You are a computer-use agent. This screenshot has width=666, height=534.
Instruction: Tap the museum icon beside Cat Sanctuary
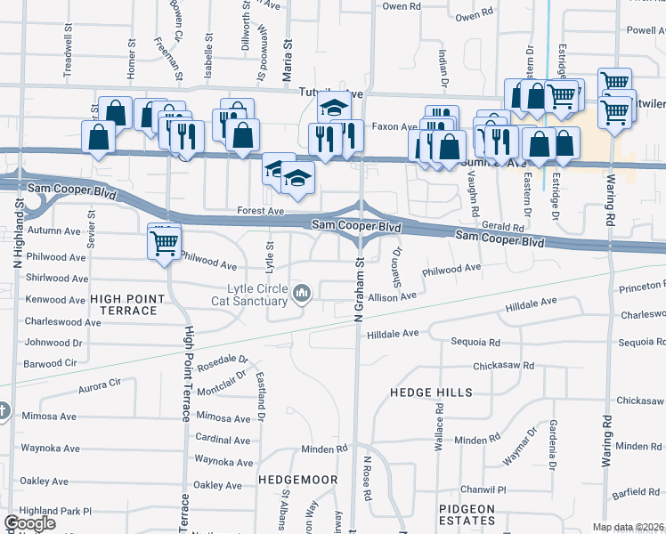pos(303,292)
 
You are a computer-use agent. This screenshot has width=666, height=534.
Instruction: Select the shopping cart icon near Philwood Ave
pos(165,242)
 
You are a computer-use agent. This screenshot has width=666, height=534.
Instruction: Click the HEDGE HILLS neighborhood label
pos(431,392)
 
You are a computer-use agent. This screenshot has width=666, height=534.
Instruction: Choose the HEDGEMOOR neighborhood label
pos(297,480)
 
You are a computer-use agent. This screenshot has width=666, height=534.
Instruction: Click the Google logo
pos(30,523)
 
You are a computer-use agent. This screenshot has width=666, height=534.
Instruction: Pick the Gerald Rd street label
pos(493,228)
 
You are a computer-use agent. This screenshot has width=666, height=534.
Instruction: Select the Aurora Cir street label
pos(99,384)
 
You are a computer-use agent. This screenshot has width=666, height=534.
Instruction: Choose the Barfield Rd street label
pos(635,491)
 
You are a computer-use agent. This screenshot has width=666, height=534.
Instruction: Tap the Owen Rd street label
pos(474,16)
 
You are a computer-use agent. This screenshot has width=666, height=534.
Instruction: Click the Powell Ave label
pos(645,29)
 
